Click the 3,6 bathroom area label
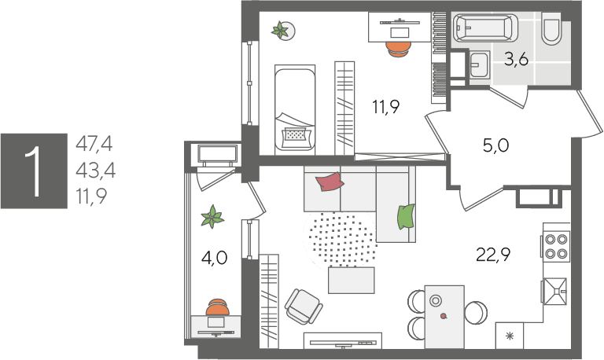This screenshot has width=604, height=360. tap(516, 60)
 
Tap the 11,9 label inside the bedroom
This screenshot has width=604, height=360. tap(385, 107)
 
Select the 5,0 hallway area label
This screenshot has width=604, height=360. tap(495, 145)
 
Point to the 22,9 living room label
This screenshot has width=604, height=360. tap(493, 255)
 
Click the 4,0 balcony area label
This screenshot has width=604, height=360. tap(214, 258)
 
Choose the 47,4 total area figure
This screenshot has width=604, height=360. tap(94, 144)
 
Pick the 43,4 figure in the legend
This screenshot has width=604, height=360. tap(95, 171)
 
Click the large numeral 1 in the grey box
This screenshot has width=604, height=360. tap(34, 171)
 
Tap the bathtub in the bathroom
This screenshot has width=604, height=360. tap(485, 28)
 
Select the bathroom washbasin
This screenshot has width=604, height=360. tap(479, 64)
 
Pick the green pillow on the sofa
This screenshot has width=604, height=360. tap(407, 216)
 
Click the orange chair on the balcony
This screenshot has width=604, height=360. tap(218, 307)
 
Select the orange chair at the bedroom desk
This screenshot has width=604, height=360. tap(399, 49)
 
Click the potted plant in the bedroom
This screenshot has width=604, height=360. tap(282, 31)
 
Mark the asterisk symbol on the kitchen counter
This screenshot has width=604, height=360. tap(510, 336)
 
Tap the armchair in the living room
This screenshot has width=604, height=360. tap(304, 307)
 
